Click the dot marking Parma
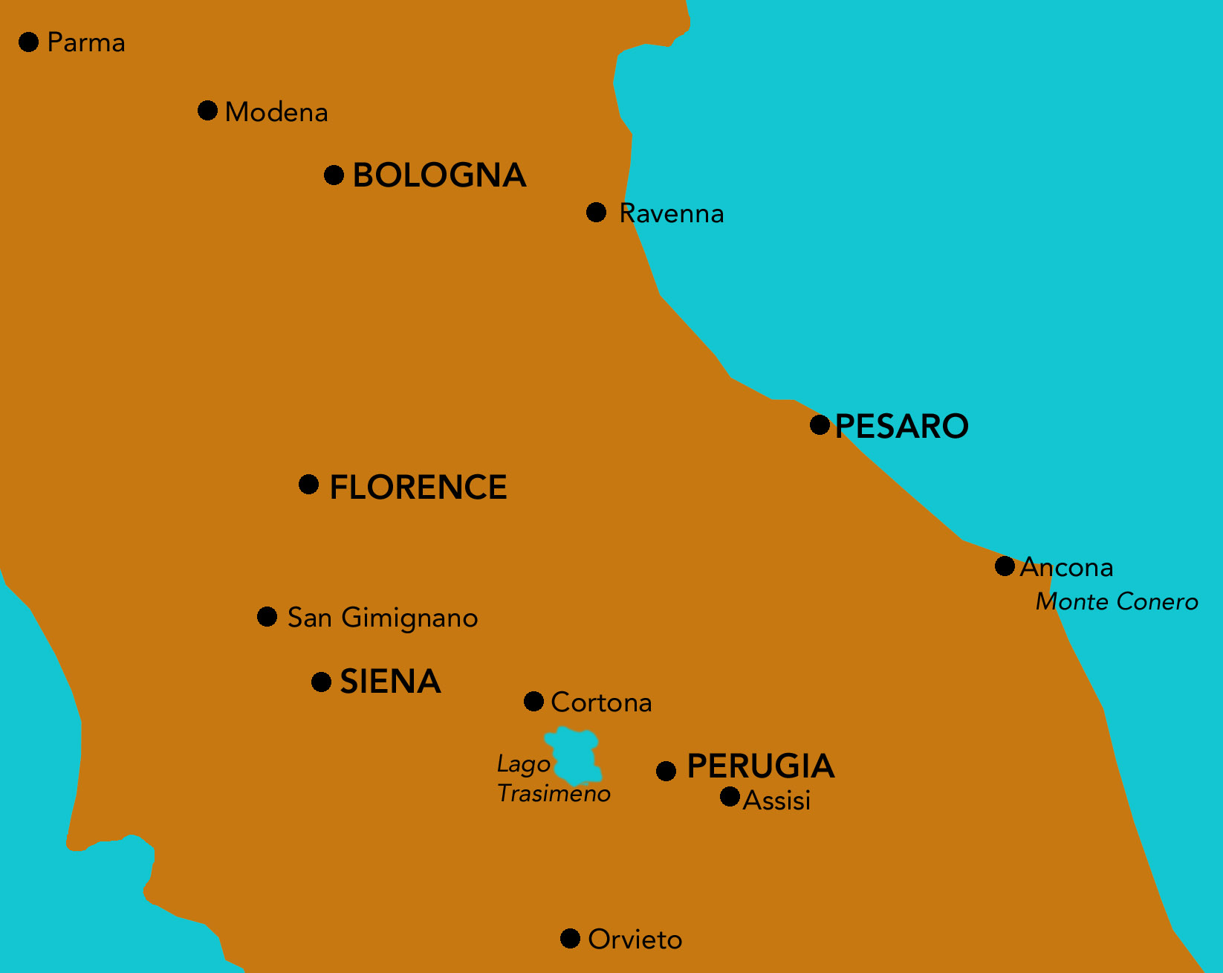(x=29, y=42)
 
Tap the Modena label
(x=276, y=112)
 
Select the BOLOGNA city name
(x=439, y=175)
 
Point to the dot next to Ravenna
(x=596, y=213)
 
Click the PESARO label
(x=901, y=426)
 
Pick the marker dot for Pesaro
(x=820, y=424)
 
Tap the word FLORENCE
(x=418, y=488)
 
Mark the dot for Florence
(x=308, y=485)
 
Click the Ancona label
(x=1067, y=567)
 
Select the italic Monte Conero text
(x=1117, y=601)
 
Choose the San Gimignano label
(x=383, y=618)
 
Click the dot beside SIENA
(x=321, y=682)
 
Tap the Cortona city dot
(x=533, y=701)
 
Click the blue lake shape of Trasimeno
(x=574, y=756)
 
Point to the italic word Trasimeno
(x=554, y=794)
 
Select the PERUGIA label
(x=761, y=766)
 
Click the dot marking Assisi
(x=730, y=797)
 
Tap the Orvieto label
(x=635, y=940)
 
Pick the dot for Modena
(x=207, y=111)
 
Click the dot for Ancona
(x=1005, y=566)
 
